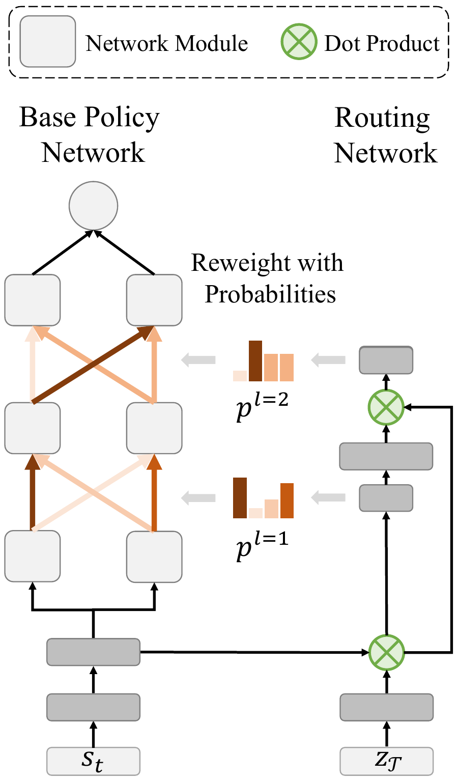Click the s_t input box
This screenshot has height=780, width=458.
93,761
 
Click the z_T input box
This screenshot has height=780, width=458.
386,761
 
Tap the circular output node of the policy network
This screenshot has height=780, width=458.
94,206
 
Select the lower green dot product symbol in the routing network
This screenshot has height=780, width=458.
386,652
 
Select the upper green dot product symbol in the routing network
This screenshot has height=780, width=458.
386,407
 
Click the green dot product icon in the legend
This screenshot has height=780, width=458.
298,41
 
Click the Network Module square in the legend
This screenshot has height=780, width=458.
48,41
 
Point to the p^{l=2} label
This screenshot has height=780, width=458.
263,407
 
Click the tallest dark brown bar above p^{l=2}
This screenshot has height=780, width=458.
255,361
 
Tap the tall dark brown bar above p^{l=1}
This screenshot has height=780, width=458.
240,497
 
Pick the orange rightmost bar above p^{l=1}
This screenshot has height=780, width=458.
287,500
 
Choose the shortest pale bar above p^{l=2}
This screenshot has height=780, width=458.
240,376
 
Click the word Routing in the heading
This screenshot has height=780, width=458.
382,118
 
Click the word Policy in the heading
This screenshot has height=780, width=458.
122,118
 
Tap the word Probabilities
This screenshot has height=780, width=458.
270,294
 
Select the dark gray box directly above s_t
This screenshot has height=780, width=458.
93,707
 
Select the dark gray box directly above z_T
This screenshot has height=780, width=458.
386,707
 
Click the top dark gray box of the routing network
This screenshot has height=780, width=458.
386,359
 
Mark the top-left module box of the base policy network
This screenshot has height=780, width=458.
33,300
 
